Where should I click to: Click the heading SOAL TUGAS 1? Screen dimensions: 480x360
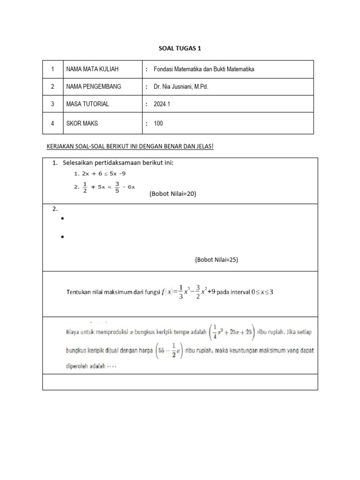click(x=180, y=48)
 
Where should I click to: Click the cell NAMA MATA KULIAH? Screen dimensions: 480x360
click(x=92, y=69)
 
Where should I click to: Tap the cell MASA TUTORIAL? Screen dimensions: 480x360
click(x=87, y=104)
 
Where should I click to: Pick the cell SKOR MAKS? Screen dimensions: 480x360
click(x=82, y=123)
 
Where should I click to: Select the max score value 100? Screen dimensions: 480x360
click(x=158, y=123)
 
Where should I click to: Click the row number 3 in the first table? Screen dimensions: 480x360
click(x=53, y=104)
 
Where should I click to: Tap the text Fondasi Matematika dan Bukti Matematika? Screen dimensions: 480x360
click(x=203, y=69)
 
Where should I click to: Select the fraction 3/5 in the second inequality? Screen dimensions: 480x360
click(x=118, y=187)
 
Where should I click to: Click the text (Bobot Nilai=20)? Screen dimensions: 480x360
click(x=172, y=194)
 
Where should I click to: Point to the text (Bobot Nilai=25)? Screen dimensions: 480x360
click(x=217, y=260)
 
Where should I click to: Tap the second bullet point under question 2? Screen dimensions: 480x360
click(x=62, y=238)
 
